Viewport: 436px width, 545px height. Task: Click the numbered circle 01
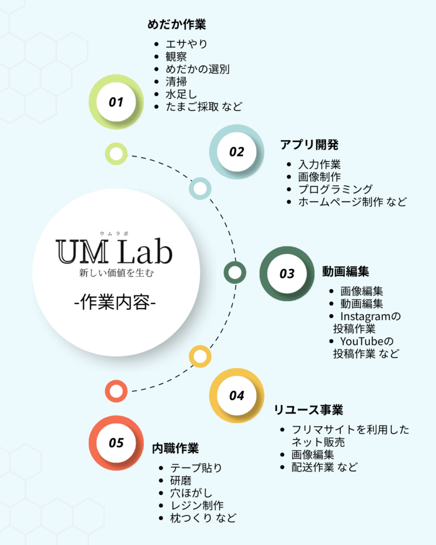tap(116, 102)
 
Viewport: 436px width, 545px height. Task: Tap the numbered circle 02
tap(236, 152)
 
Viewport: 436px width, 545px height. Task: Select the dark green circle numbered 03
tap(287, 274)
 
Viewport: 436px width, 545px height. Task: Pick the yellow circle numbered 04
tap(237, 395)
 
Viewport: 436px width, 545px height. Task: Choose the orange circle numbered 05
tap(116, 443)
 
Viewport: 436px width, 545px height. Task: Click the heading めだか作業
tap(176, 24)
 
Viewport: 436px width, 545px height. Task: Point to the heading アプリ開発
tap(309, 145)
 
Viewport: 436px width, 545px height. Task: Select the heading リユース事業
tap(308, 410)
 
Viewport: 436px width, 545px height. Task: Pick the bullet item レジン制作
tap(196, 505)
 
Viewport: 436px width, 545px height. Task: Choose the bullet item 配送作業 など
tap(324, 467)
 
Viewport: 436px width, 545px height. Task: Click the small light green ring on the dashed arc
tap(116, 154)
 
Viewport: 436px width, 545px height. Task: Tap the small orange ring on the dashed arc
tap(116, 391)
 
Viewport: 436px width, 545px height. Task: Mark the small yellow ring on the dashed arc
tap(200, 356)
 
